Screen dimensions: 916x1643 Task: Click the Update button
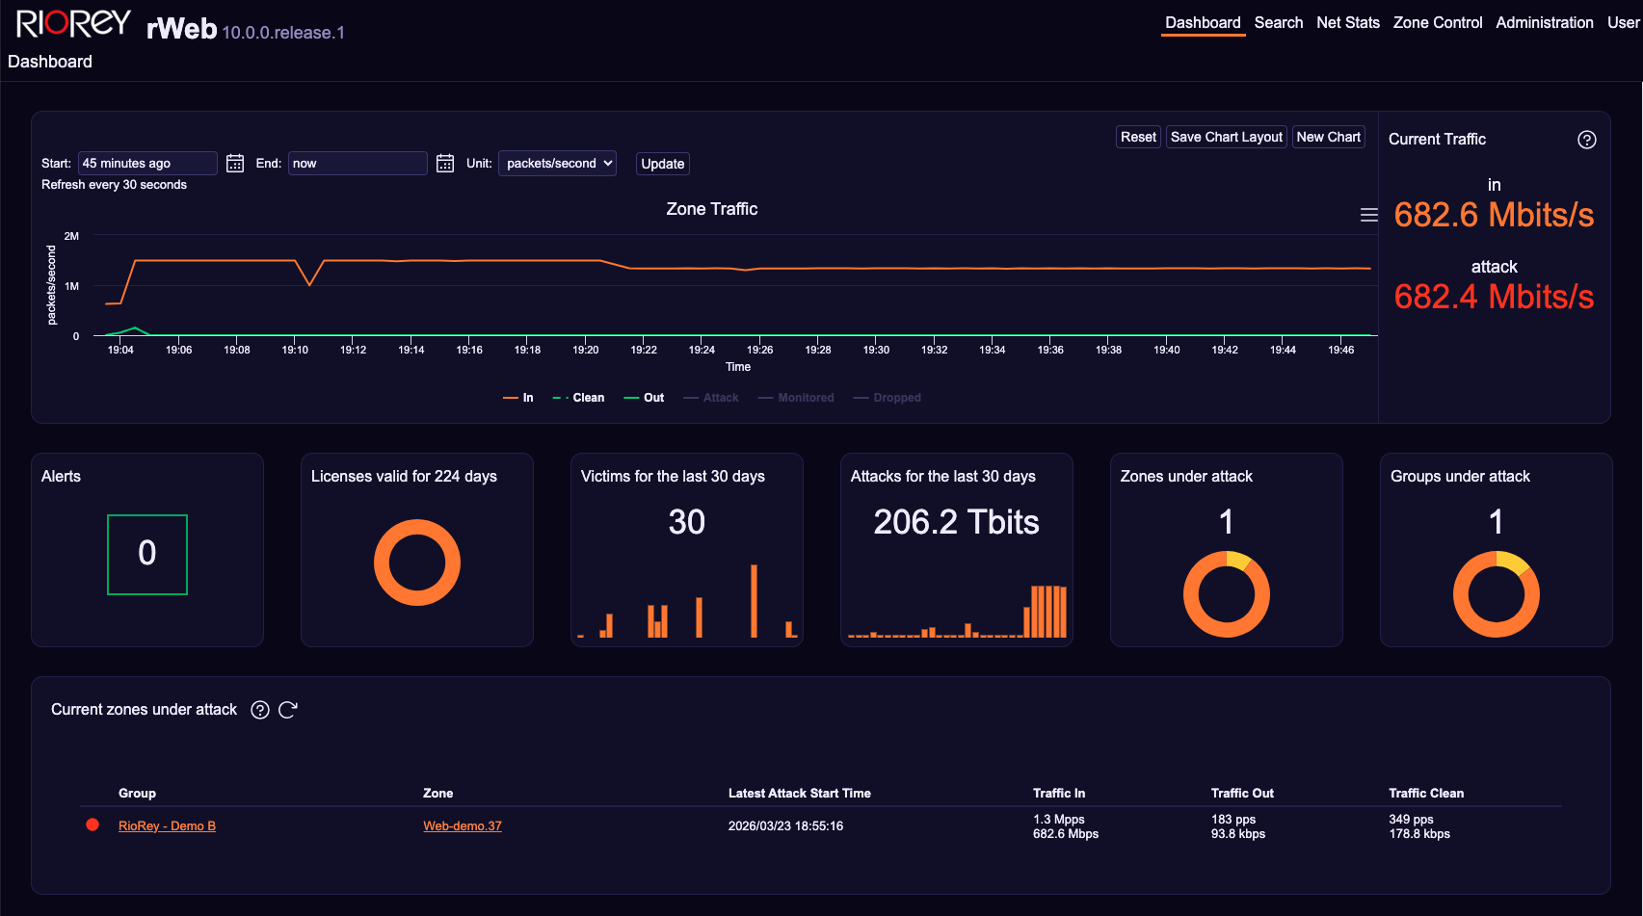click(x=663, y=164)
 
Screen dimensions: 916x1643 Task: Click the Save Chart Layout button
click(x=1226, y=137)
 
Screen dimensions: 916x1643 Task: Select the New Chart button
click(x=1328, y=137)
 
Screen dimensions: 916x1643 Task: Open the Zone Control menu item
click(x=1437, y=22)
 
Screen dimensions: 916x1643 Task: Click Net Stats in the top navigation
click(x=1347, y=22)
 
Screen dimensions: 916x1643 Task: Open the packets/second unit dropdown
click(x=557, y=164)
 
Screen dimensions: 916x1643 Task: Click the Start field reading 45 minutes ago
click(x=147, y=164)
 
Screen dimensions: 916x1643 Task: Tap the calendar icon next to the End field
click(x=445, y=164)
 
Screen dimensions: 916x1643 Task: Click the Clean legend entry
click(x=579, y=398)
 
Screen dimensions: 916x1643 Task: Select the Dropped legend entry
click(x=888, y=398)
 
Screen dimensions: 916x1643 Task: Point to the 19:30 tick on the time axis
click(x=876, y=350)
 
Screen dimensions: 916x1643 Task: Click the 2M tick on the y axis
click(x=71, y=236)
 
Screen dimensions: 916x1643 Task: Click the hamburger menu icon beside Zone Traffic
click(x=1368, y=215)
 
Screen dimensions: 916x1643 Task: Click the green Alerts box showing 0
click(x=147, y=555)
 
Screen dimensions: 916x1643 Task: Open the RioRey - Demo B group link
click(x=167, y=826)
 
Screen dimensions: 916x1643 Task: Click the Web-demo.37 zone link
click(x=463, y=826)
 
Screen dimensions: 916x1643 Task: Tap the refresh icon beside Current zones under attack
click(x=287, y=710)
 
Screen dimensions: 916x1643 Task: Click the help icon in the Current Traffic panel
click(x=1586, y=140)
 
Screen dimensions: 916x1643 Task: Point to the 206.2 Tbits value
click(x=956, y=522)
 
